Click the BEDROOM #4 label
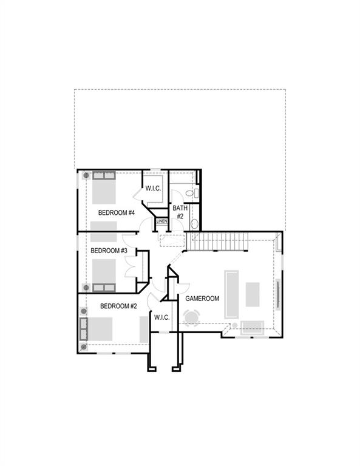[x=116, y=212]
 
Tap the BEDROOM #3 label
[x=109, y=251]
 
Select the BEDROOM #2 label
[x=118, y=306]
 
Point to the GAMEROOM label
[x=202, y=299]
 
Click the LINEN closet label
[x=161, y=221]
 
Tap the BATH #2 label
[x=180, y=212]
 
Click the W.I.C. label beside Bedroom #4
[x=153, y=189]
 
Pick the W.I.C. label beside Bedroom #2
[x=161, y=317]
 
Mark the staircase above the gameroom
[x=217, y=241]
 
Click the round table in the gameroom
[x=192, y=317]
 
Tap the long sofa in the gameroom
[x=232, y=294]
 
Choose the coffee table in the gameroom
[x=252, y=294]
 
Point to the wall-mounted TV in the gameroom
[x=279, y=294]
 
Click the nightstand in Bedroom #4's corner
[x=86, y=175]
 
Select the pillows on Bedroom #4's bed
[x=104, y=176]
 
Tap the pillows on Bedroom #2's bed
[x=84, y=328]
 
